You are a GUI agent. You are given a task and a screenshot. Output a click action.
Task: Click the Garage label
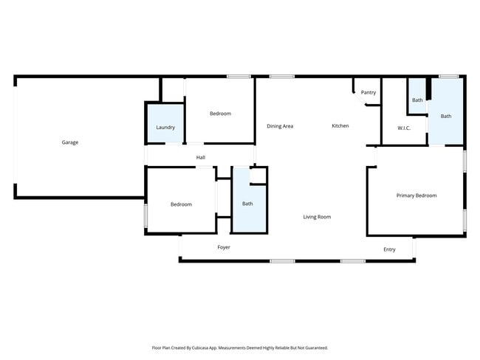tap(70, 142)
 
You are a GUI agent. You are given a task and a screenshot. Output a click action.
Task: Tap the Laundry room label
tap(165, 128)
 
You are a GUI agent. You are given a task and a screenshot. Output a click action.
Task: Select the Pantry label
tap(368, 93)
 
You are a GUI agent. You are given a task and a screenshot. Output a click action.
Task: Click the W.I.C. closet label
tap(404, 128)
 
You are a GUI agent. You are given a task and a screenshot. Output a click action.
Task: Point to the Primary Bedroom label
tap(416, 195)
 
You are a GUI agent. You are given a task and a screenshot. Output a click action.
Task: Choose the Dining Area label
tap(280, 126)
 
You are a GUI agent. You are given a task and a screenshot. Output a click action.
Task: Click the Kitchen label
tap(340, 126)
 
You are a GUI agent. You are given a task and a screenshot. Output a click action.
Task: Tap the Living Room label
tap(317, 217)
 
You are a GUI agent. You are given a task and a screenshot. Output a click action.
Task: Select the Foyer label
tap(224, 247)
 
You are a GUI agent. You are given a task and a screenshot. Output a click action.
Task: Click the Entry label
tap(389, 249)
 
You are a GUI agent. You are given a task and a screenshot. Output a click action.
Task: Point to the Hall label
tap(200, 157)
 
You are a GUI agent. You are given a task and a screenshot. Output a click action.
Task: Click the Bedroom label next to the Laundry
tap(220, 114)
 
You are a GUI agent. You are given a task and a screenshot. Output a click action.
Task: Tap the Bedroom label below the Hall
tap(181, 204)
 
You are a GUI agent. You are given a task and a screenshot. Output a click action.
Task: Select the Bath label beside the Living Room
tap(247, 204)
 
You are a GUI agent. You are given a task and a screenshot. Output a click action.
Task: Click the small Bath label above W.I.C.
tap(417, 100)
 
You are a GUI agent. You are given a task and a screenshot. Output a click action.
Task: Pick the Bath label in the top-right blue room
tap(446, 116)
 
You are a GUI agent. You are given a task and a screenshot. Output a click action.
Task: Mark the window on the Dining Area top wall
tap(281, 76)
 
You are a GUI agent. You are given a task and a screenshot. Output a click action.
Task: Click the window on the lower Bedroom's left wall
tap(146, 216)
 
